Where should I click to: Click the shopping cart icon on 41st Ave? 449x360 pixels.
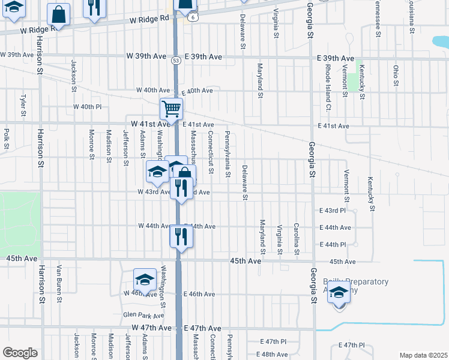coord(171,109)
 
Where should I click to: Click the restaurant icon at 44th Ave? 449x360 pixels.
coord(180,236)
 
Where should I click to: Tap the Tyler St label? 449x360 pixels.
coord(23,105)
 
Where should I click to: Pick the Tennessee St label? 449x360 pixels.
coord(378,18)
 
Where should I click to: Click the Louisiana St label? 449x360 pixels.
coord(412,18)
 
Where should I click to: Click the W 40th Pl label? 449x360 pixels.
coord(88,106)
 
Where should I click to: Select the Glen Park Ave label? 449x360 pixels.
coord(143,314)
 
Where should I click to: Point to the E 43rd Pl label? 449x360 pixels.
coord(333,211)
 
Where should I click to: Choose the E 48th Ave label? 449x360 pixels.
coord(275,355)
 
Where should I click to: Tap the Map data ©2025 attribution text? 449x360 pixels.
coord(423,355)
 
